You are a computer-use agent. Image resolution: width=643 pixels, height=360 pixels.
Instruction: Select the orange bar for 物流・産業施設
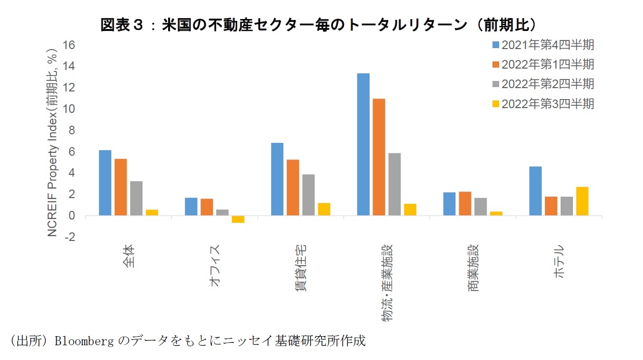(x=379, y=157)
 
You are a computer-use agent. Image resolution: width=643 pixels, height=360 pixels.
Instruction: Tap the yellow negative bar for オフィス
(x=238, y=219)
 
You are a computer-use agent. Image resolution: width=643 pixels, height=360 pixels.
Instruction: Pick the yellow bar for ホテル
(x=582, y=201)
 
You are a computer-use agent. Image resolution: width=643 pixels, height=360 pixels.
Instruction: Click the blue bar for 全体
(x=105, y=183)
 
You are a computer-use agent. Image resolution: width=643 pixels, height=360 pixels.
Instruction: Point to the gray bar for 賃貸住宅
(x=308, y=195)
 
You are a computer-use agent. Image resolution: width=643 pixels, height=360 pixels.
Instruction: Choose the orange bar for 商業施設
(x=465, y=203)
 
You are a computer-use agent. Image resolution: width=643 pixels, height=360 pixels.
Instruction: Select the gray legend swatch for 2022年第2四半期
(x=495, y=84)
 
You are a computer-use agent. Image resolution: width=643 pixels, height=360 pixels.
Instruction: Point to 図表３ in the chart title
(x=125, y=25)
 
